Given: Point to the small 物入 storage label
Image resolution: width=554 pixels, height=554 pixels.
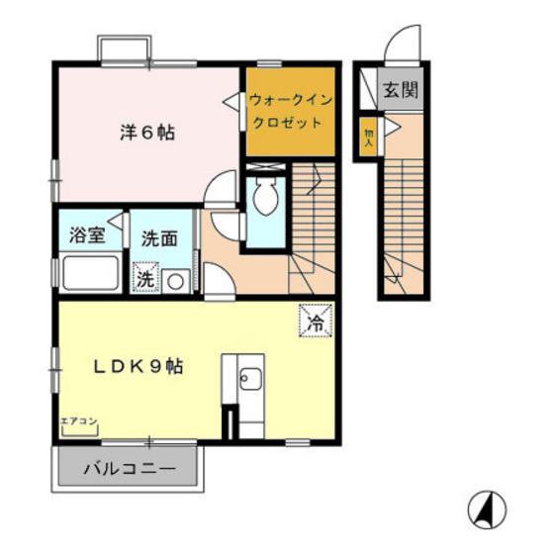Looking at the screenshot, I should (x=368, y=134).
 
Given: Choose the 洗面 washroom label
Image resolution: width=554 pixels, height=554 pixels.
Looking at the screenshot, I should (x=158, y=237).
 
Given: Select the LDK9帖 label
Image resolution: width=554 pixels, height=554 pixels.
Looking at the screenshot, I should (x=138, y=365).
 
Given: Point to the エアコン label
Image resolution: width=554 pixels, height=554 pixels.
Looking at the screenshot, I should (x=79, y=421).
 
